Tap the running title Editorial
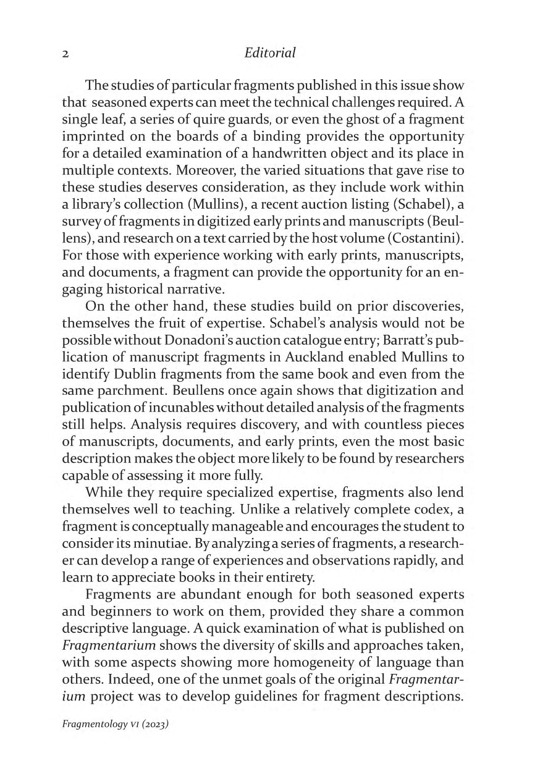point(270,54)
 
